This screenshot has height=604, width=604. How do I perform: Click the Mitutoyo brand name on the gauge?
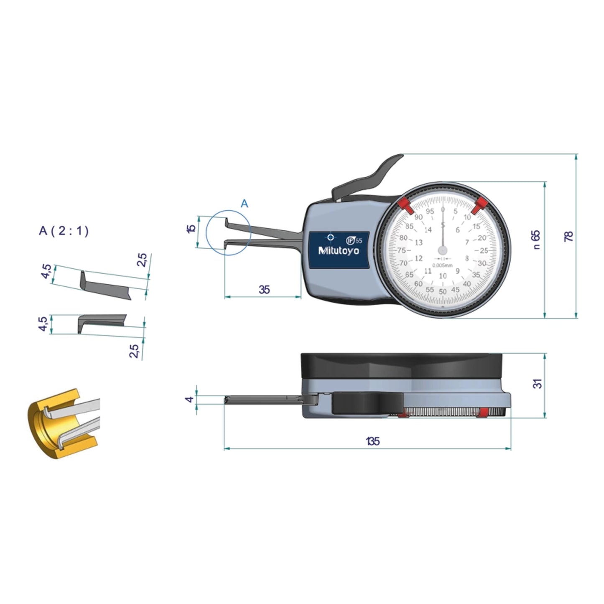(x=338, y=251)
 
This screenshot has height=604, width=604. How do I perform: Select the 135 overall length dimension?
(x=372, y=441)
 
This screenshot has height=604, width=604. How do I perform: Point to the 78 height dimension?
(x=569, y=237)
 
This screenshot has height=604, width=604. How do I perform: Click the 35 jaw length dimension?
(x=264, y=289)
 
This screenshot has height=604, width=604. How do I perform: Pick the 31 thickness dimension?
(x=538, y=383)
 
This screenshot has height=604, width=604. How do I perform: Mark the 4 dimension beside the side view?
(x=190, y=400)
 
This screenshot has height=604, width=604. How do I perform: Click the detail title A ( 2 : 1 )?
(x=64, y=231)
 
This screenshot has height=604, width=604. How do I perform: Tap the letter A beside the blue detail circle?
(x=245, y=204)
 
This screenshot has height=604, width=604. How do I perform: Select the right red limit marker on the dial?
(x=480, y=204)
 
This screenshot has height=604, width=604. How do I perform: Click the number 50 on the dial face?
(x=443, y=292)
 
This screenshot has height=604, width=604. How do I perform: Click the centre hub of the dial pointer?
(x=442, y=250)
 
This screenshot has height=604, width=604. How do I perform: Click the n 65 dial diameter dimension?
(x=536, y=240)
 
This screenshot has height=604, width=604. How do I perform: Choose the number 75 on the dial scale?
(x=401, y=250)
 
